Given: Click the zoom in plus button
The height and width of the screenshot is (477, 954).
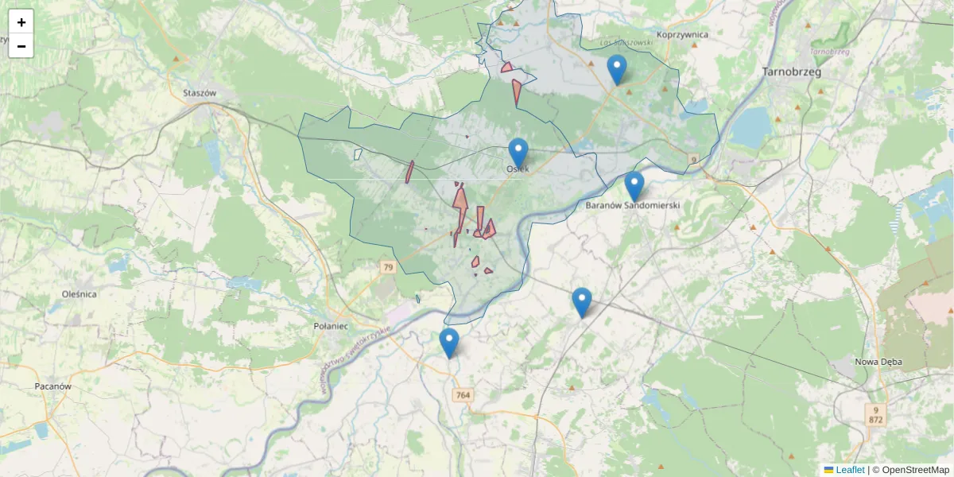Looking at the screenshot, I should (21, 22).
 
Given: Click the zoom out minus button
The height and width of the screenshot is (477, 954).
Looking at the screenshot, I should (21, 46).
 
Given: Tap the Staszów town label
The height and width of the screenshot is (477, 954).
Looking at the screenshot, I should (200, 92).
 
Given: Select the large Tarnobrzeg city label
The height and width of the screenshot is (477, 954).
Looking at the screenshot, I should (791, 72).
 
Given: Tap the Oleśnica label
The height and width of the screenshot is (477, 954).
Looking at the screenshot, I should (79, 293).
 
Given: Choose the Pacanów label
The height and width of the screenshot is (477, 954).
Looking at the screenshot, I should (53, 386).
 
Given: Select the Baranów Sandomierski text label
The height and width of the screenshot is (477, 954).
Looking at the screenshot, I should (633, 205).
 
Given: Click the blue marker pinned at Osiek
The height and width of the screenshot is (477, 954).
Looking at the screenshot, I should (518, 153).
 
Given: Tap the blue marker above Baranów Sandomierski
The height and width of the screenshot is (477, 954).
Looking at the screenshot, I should (634, 186).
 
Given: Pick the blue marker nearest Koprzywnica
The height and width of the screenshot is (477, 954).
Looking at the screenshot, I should (617, 69).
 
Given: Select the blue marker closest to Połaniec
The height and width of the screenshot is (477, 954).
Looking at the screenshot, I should (449, 343).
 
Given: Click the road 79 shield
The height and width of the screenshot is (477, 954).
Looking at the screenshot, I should (387, 268).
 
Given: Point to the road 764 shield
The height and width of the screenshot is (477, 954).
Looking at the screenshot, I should (463, 395).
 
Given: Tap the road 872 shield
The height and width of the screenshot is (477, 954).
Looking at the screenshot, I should (876, 419).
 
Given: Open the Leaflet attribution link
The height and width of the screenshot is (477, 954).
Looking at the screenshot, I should (849, 470).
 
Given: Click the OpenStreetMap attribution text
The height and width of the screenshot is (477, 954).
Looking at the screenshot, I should (914, 470).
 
